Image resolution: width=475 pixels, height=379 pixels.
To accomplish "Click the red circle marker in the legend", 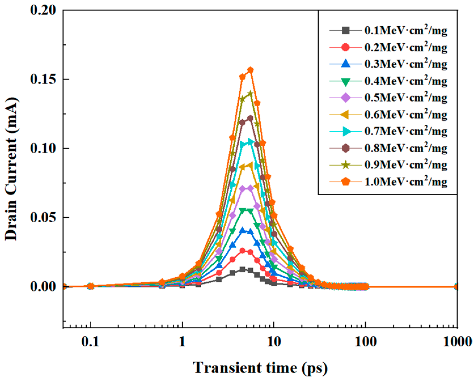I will pyautogui.click(x=345, y=47).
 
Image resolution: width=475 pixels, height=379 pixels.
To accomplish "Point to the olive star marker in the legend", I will pyautogui.click(x=345, y=165).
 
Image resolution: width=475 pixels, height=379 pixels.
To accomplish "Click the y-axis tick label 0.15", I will pyautogui.click(x=43, y=79).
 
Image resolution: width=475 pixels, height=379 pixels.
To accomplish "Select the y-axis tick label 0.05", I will pyautogui.click(x=43, y=218).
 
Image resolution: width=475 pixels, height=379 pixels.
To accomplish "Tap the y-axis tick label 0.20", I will pyautogui.click(x=43, y=10).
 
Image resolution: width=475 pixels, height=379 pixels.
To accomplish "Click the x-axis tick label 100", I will pyautogui.click(x=365, y=342).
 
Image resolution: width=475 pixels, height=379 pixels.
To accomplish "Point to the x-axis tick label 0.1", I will pyautogui.click(x=90, y=342).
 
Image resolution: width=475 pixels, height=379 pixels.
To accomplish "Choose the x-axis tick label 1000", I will pyautogui.click(x=457, y=342).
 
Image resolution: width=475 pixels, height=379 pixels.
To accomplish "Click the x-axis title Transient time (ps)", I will pyautogui.click(x=260, y=368).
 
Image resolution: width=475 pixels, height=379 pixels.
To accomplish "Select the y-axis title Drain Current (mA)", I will pyautogui.click(x=11, y=169).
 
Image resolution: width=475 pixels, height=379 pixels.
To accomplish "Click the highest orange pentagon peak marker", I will pyautogui.click(x=250, y=70).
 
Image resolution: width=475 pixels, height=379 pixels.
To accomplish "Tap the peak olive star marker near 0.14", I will pyautogui.click(x=250, y=93).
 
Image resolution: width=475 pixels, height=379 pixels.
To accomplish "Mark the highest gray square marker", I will pyautogui.click(x=242, y=269).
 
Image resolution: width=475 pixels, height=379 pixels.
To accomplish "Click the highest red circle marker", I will pyautogui.click(x=242, y=251).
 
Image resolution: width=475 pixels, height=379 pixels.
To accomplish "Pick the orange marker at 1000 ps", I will pyautogui.click(x=457, y=287).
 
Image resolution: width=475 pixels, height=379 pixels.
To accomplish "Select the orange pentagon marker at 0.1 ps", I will pyautogui.click(x=90, y=286).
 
